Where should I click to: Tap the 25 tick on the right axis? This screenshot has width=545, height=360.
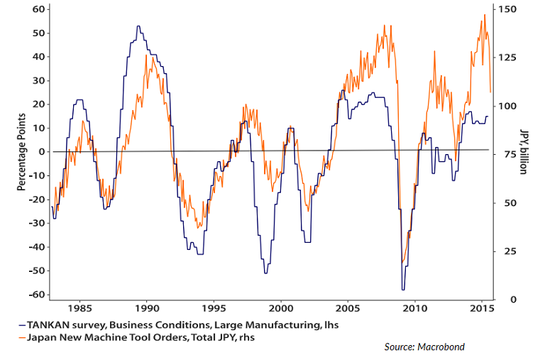click(507, 251)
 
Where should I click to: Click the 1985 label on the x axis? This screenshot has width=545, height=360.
click(79, 309)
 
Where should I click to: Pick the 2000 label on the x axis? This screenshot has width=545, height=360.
click(281, 309)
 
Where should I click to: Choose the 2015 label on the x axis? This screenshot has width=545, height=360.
click(483, 309)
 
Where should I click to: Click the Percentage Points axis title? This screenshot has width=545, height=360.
click(21, 151)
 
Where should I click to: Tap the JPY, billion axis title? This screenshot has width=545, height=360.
click(525, 151)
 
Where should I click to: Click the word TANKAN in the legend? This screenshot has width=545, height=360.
click(42, 324)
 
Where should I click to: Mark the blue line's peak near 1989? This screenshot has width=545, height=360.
click(138, 27)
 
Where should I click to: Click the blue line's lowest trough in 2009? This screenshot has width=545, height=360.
click(403, 289)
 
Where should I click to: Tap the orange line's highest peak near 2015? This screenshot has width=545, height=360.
click(485, 15)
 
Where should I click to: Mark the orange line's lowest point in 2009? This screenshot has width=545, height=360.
click(402, 263)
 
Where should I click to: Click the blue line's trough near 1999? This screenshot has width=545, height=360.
click(265, 273)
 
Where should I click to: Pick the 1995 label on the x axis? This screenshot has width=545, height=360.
click(214, 309)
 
